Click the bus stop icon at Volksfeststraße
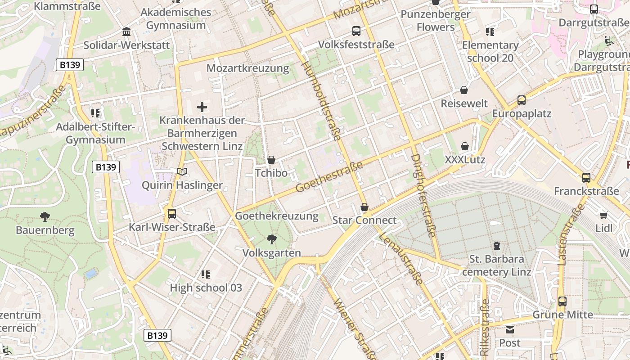pyautogui.click(x=356, y=31)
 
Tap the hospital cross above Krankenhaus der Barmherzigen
pyautogui.click(x=202, y=107)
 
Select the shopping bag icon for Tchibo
pyautogui.click(x=271, y=160)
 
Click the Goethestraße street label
pyautogui.click(x=329, y=177)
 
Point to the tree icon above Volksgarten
pyautogui.click(x=271, y=239)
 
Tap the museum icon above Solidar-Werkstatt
pyautogui.click(x=126, y=32)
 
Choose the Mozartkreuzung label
pyautogui.click(x=247, y=68)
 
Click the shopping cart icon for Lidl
pyautogui.click(x=603, y=215)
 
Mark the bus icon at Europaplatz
pyautogui.click(x=522, y=100)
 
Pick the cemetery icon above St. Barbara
pyautogui.click(x=496, y=246)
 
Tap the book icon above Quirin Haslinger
pyautogui.click(x=182, y=171)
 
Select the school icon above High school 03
pyautogui.click(x=206, y=274)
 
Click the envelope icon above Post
pyautogui.click(x=509, y=330)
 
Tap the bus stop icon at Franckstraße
pyautogui.click(x=586, y=178)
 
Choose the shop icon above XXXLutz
pyautogui.click(x=465, y=146)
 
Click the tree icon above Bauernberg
pyautogui.click(x=45, y=217)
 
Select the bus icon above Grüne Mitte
pyautogui.click(x=562, y=301)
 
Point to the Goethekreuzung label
pyautogui.click(x=277, y=216)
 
